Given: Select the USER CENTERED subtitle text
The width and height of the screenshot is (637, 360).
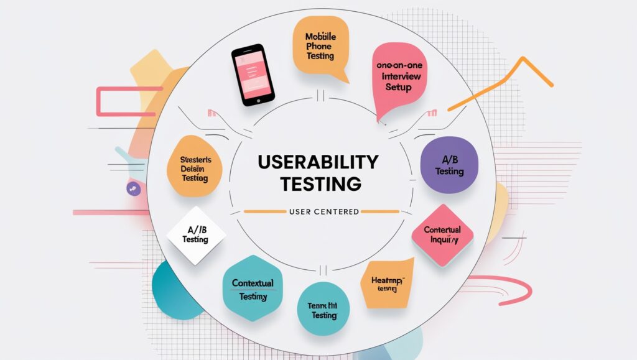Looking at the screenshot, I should pos(323,212).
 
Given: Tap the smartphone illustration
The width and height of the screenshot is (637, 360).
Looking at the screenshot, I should pos(253,74).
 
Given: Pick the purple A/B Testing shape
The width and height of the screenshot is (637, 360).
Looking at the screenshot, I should pos(449,165).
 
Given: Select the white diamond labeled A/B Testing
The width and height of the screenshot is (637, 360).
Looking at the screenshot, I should pos(197,234).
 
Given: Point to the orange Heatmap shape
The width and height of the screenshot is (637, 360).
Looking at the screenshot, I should pos(387,283).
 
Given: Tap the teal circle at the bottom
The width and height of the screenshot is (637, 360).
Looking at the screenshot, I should pos(323,309).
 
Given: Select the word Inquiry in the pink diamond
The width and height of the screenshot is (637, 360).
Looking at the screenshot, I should pos(444,240).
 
